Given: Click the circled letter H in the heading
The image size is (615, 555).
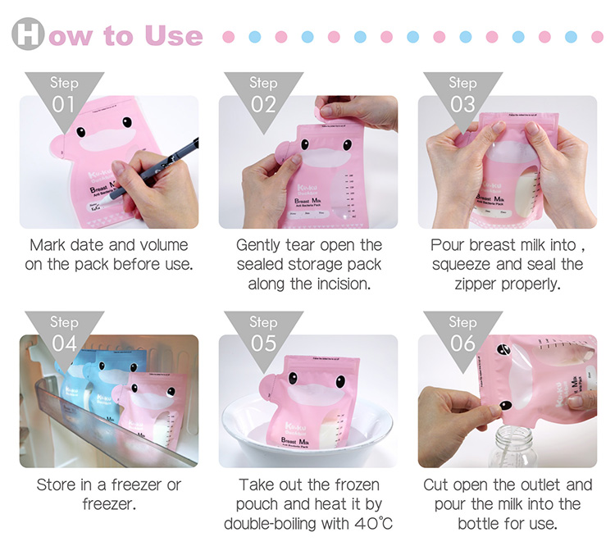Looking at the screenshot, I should click(28, 35).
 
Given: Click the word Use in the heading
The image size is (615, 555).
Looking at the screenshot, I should click(172, 36).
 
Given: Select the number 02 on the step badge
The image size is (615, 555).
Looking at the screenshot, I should click(263, 104).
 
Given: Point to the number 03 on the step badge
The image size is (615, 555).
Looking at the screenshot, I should click(462, 104).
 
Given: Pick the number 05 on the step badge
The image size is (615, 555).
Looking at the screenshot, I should click(263, 343).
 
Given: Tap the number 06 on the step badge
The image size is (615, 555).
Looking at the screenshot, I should click(462, 343).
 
